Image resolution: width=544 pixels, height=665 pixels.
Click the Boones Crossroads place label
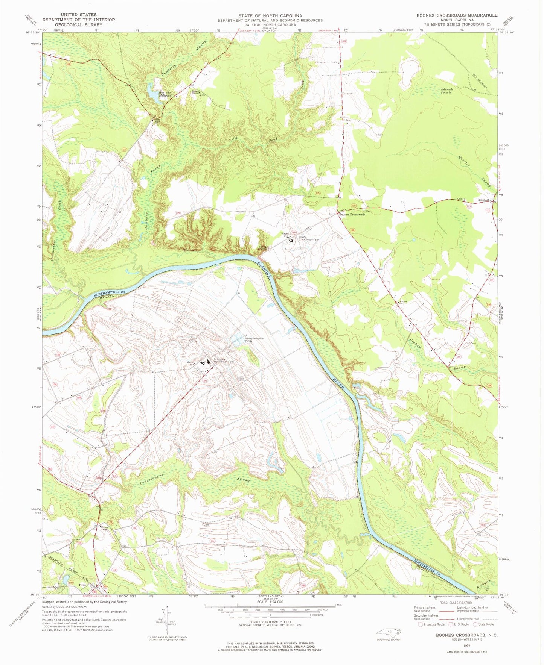pos(352,214)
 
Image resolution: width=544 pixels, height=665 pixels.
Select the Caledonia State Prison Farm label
pos(224,360)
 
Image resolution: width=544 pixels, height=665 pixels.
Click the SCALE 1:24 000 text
pos(270,602)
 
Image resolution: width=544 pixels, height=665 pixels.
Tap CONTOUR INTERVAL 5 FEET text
pos(270,622)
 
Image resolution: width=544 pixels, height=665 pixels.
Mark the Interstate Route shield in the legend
pos(421,624)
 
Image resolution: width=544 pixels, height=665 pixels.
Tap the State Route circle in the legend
pos(475,624)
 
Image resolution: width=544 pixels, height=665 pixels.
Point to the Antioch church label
pos(403,301)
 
